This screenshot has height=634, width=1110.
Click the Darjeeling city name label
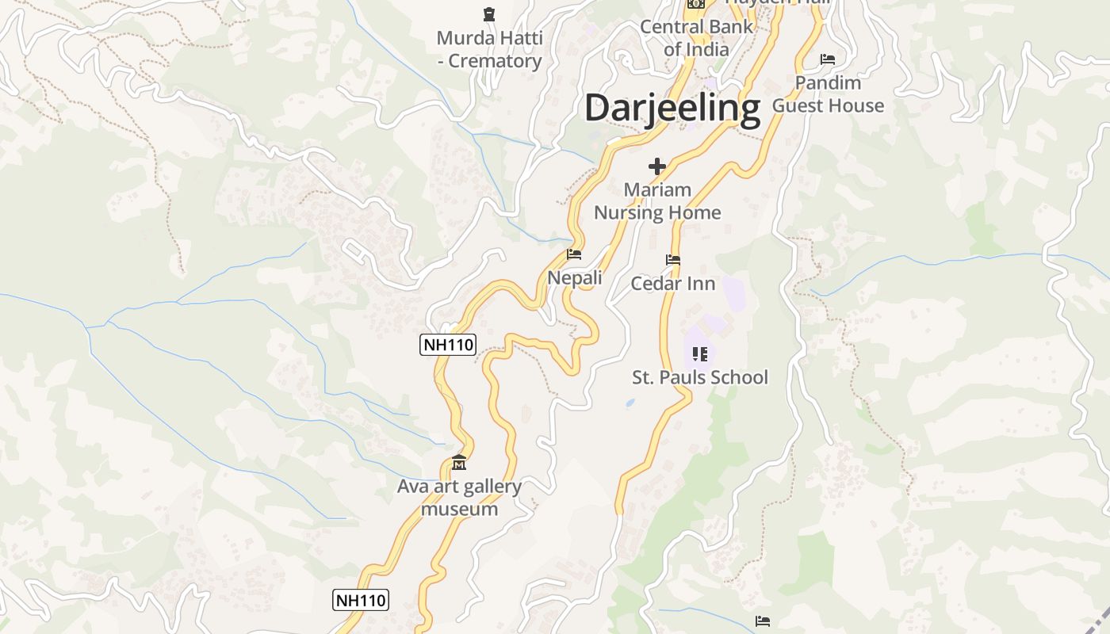tap(672, 109)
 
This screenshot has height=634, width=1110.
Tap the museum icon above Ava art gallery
tap(459, 462)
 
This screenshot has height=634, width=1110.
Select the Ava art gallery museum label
tap(459, 498)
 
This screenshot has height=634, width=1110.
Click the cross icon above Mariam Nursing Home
tap(656, 166)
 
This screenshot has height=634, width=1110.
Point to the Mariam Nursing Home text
tap(657, 201)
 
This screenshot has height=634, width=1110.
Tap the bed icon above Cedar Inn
tap(673, 259)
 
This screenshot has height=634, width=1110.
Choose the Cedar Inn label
tap(673, 284)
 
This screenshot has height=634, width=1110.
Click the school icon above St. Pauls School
tap(699, 353)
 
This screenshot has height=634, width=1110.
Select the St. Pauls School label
tap(700, 377)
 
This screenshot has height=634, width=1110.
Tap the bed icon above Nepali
tap(574, 254)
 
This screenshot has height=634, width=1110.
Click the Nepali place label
tap(575, 278)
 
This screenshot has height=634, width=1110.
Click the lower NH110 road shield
tap(361, 600)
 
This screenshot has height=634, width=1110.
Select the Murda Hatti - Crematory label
tap(489, 49)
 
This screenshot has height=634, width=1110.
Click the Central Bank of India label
tap(696, 38)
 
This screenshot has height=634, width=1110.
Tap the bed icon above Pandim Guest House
tap(828, 59)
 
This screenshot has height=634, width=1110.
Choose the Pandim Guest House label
tap(828, 94)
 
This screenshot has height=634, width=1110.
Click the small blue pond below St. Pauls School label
tap(630, 403)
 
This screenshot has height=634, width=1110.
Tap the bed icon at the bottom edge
tap(763, 621)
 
